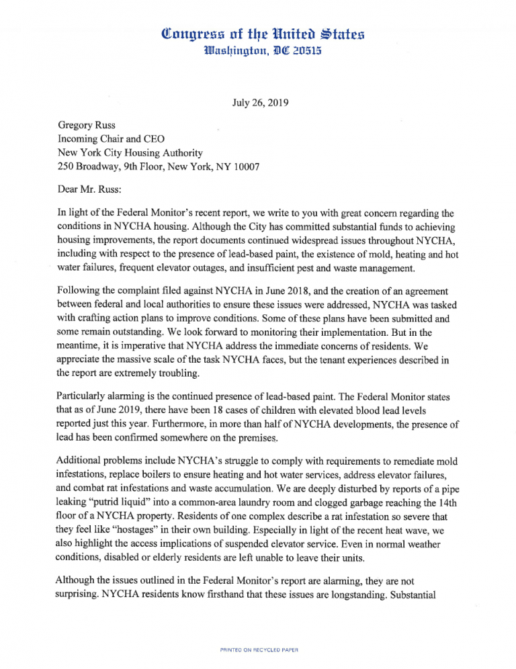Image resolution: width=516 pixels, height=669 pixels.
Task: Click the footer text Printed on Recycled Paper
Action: [x=258, y=650]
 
